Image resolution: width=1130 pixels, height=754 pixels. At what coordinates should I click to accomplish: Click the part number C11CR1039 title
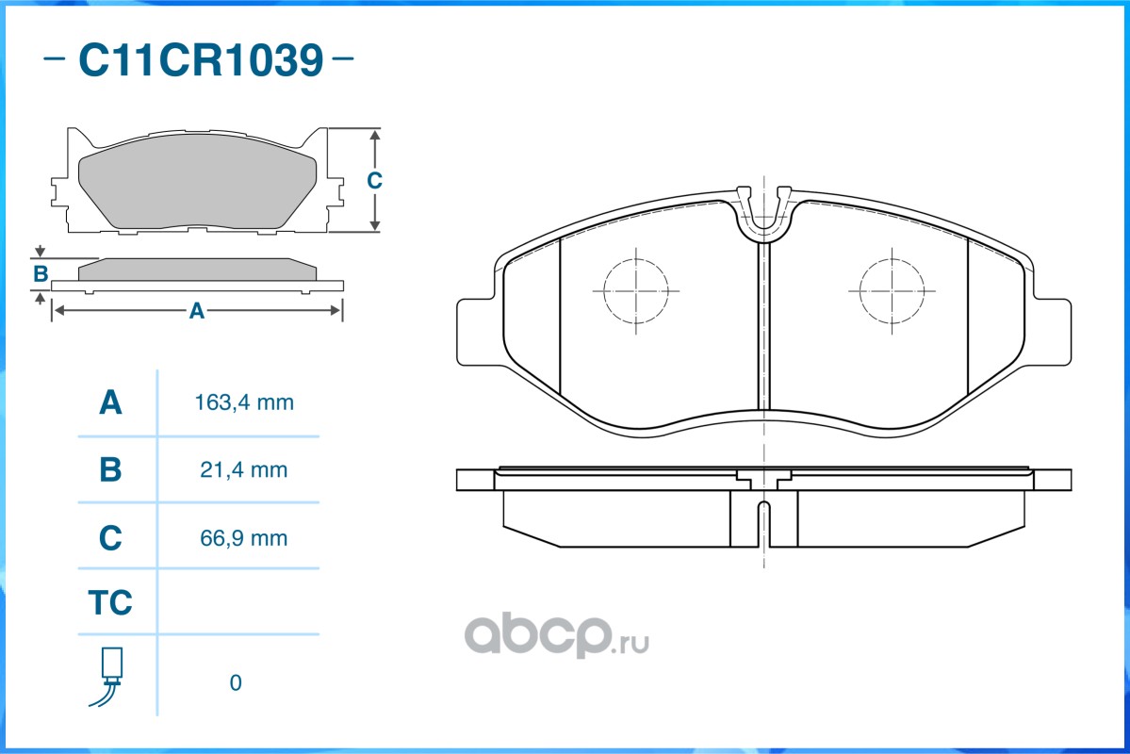pyautogui.click(x=200, y=61)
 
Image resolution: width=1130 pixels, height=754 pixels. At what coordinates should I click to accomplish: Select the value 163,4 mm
pyautogui.click(x=243, y=403)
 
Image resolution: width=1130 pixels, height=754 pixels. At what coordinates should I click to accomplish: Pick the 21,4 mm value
pyautogui.click(x=243, y=469)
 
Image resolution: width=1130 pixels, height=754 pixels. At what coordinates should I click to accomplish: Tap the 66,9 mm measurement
pyautogui.click(x=243, y=538)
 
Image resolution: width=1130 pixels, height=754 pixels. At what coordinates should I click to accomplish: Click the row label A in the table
pyautogui.click(x=110, y=403)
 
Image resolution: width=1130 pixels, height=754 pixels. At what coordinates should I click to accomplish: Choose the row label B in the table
pyautogui.click(x=110, y=469)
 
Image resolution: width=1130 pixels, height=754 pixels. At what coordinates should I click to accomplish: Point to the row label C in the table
pyautogui.click(x=110, y=538)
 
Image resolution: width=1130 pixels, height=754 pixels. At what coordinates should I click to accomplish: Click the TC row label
pyautogui.click(x=110, y=602)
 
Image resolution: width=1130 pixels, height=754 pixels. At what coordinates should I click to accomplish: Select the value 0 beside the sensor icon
pyautogui.click(x=236, y=682)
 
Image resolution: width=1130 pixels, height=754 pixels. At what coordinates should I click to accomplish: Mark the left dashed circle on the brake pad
pyautogui.click(x=636, y=290)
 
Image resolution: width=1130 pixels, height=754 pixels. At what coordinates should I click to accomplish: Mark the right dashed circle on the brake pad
pyautogui.click(x=892, y=290)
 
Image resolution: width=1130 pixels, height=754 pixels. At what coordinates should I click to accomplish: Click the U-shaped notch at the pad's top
pyautogui.click(x=763, y=215)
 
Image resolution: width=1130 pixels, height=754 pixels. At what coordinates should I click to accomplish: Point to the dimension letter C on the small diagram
pyautogui.click(x=373, y=180)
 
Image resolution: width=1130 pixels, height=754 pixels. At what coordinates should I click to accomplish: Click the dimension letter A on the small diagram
pyautogui.click(x=196, y=310)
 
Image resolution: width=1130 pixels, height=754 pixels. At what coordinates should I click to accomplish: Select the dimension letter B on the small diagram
pyautogui.click(x=40, y=274)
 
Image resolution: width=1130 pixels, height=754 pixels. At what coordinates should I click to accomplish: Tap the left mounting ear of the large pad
pyautogui.click(x=476, y=332)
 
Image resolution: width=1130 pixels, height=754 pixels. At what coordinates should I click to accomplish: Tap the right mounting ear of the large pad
pyautogui.click(x=1052, y=332)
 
